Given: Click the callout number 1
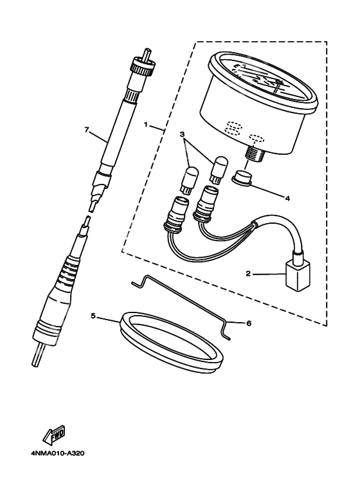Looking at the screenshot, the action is pyautogui.click(x=146, y=125).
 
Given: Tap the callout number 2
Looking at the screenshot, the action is pyautogui.click(x=248, y=273).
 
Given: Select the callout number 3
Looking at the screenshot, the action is pyautogui.click(x=182, y=134).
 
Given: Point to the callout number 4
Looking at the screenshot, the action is pyautogui.click(x=287, y=199).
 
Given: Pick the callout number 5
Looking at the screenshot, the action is pyautogui.click(x=93, y=316).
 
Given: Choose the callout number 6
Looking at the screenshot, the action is pyautogui.click(x=248, y=323).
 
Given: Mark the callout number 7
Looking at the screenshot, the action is pyautogui.click(x=86, y=129).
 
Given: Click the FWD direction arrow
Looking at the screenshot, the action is pyautogui.click(x=55, y=435).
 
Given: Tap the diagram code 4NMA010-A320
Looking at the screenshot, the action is pyautogui.click(x=58, y=453).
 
